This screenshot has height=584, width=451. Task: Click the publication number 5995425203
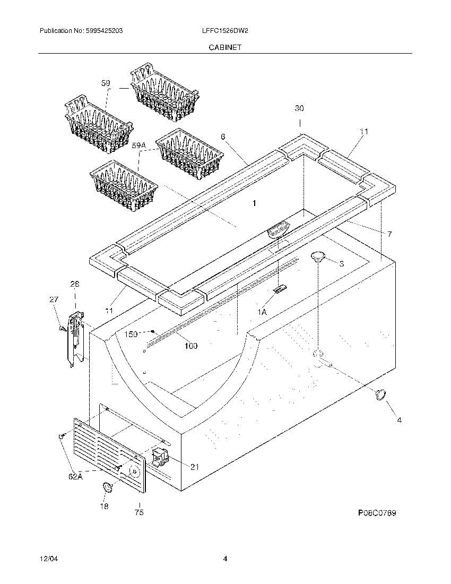point(104,31)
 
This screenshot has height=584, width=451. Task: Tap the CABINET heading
point(225,47)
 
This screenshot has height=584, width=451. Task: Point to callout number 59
point(106,83)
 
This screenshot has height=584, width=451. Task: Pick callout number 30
point(299,109)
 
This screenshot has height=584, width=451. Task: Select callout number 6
point(223,137)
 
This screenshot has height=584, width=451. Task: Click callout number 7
point(389,234)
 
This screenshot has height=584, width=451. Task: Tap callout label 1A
point(262,313)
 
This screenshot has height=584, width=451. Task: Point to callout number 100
point(190,346)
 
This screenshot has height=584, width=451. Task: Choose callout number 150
point(131,334)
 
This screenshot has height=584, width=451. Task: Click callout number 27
point(54,300)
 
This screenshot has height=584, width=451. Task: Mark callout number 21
point(194,467)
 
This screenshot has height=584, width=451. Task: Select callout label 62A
point(75,477)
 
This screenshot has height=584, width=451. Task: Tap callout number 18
point(104,506)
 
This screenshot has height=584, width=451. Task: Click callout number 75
point(139,513)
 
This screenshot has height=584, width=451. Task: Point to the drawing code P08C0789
point(377,513)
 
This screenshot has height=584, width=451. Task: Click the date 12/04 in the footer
point(47,559)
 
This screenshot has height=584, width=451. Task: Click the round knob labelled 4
point(380,393)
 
